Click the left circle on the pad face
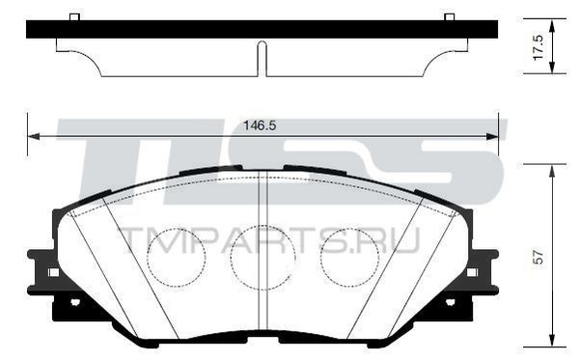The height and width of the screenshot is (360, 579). (x=176, y=257)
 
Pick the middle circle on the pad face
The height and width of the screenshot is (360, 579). (x=262, y=257)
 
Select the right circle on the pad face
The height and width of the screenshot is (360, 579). (x=350, y=257)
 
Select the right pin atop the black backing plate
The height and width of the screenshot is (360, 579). (x=449, y=16)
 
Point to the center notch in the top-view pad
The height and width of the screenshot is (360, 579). (x=262, y=57)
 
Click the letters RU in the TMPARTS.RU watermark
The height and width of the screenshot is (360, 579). (x=396, y=239)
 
